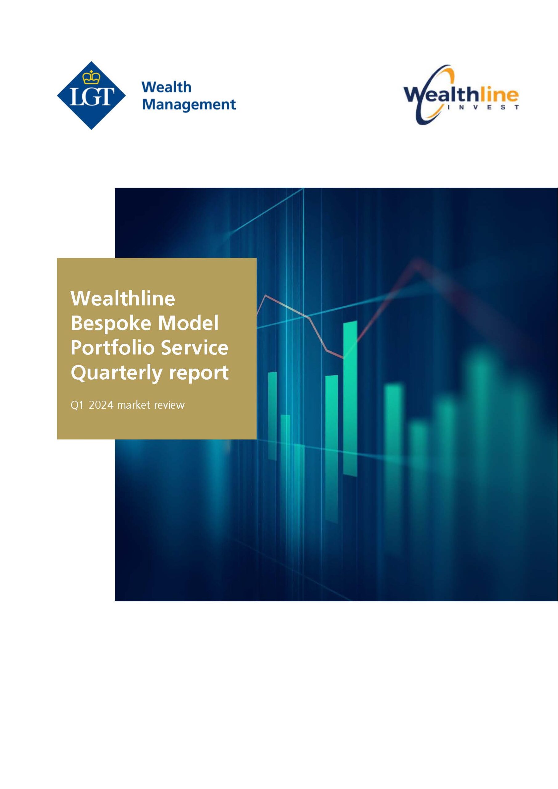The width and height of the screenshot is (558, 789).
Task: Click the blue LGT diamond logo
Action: [x=91, y=96]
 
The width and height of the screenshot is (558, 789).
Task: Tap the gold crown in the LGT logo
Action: [x=91, y=77]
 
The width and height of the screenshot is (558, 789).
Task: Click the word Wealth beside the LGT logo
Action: [x=166, y=87]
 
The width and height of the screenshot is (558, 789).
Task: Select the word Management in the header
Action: [x=189, y=104]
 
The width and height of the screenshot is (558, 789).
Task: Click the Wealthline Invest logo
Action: [x=461, y=95]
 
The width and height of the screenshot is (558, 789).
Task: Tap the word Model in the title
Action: [x=188, y=323]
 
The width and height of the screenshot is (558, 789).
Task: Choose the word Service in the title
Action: [x=195, y=347]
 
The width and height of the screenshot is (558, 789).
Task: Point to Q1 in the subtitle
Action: [x=77, y=405]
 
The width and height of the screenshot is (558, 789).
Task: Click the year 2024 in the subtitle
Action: [x=101, y=405]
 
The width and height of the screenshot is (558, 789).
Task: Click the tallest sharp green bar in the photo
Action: [x=350, y=399]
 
